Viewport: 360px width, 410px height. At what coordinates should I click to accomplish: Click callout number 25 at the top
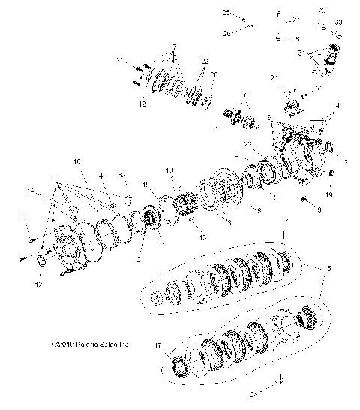point(244,13)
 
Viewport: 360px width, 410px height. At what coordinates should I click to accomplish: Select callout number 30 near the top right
point(338,23)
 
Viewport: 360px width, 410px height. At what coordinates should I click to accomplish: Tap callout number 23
point(248,143)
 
